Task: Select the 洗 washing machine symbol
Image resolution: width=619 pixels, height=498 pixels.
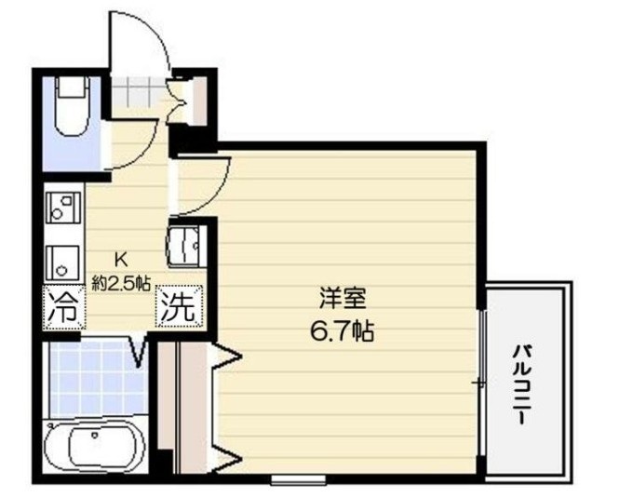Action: [177, 306]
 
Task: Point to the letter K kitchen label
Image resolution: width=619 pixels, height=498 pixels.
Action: [120, 261]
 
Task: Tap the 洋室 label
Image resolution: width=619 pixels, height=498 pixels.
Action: [343, 300]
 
